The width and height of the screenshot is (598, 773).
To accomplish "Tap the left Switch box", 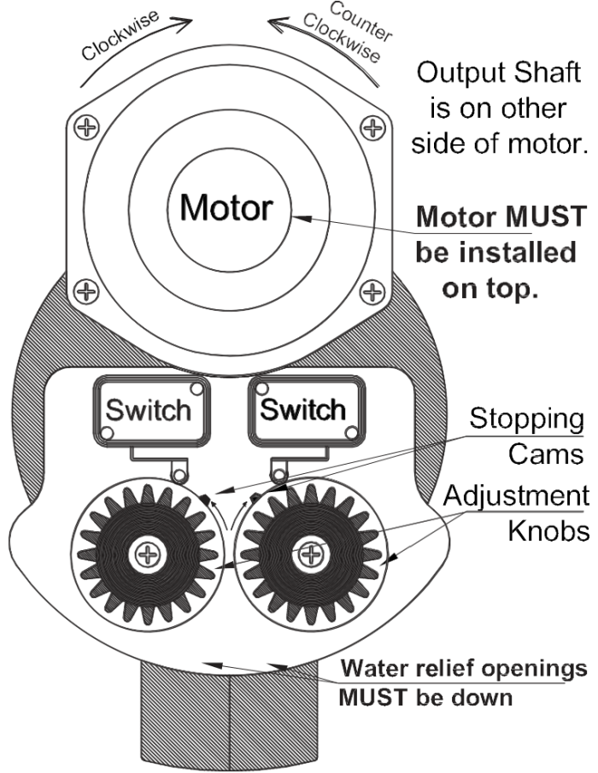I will point(149,410).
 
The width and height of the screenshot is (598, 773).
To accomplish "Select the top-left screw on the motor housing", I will point(85,127).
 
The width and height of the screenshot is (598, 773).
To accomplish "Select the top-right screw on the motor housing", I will point(371,127).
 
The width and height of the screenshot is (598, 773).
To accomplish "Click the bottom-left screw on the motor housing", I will point(85,292).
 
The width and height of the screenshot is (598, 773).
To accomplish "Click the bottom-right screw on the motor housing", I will point(371,292).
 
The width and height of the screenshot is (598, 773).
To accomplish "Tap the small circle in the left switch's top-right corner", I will point(196,389).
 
